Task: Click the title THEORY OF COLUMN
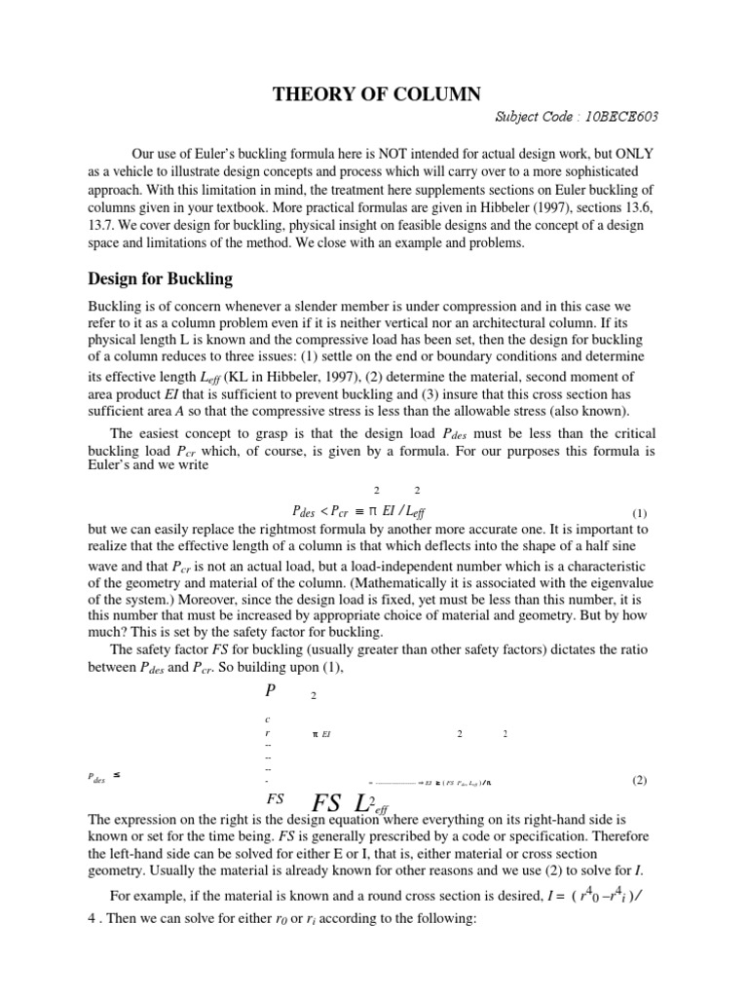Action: point(375,93)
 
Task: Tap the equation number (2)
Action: point(639,780)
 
